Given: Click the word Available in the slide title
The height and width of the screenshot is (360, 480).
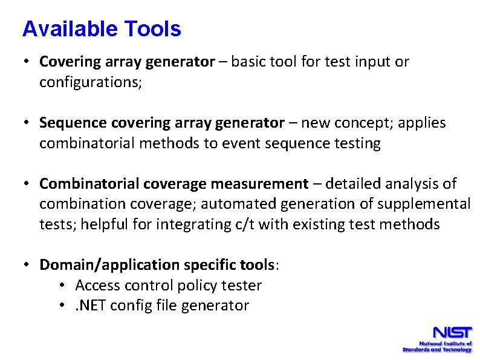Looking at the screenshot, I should click(x=69, y=29).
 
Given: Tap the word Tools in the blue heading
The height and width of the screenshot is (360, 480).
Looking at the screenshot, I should click(x=152, y=29).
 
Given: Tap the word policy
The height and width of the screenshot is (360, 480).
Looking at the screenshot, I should click(x=198, y=286).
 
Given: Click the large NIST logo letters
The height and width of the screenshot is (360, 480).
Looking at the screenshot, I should click(x=452, y=333).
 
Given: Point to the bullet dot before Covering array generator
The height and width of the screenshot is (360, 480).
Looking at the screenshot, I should click(x=27, y=62).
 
